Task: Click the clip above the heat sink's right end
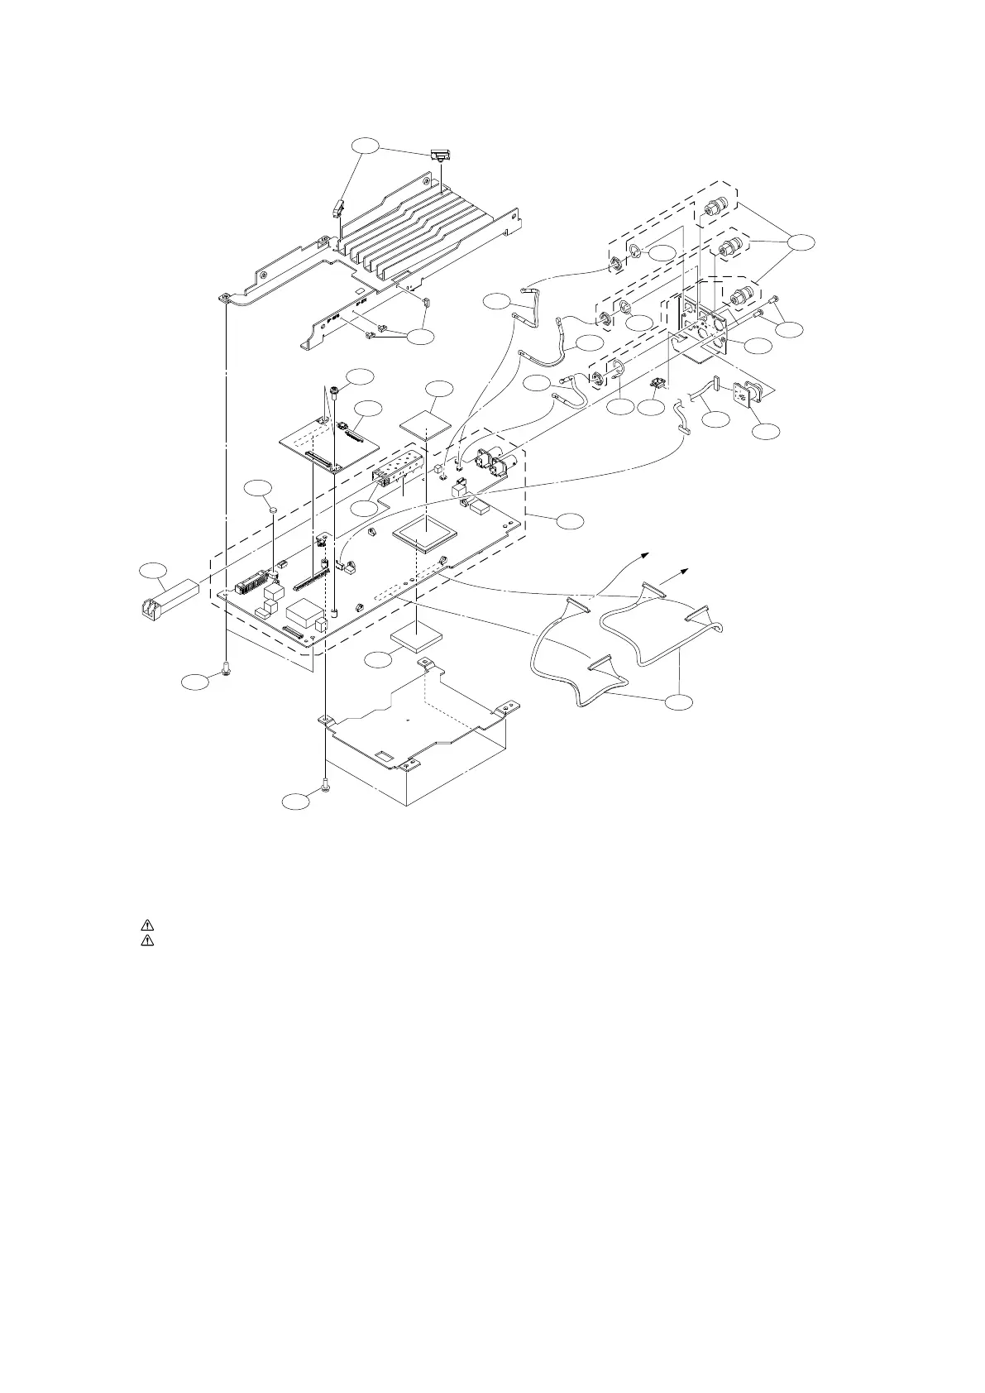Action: click(x=441, y=156)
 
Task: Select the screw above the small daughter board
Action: click(x=332, y=390)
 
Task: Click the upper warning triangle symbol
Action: click(x=146, y=926)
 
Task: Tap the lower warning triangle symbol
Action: click(x=146, y=941)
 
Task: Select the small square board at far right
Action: click(x=749, y=398)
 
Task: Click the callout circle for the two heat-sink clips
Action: click(x=365, y=146)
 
